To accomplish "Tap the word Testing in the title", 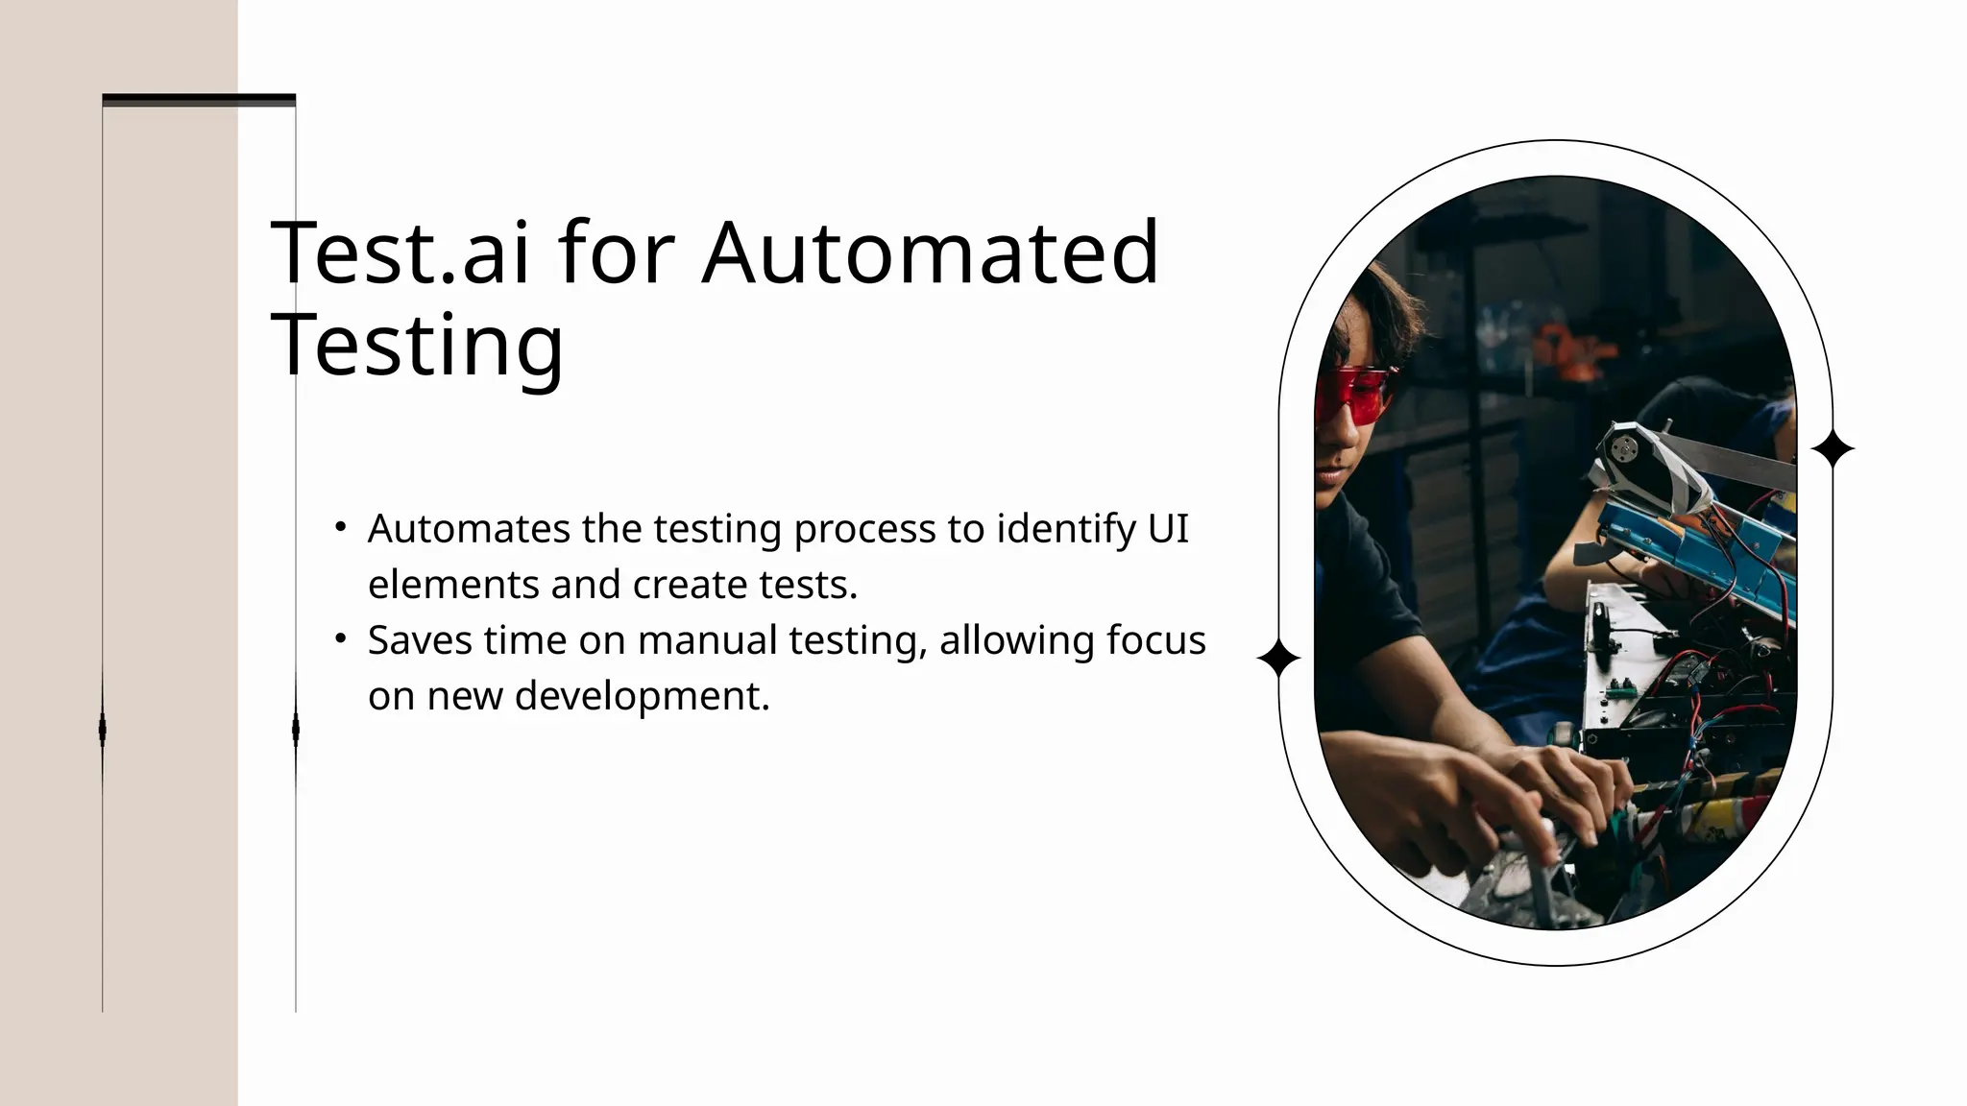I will click(417, 345).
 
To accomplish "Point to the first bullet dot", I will click(340, 526).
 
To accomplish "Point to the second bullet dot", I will click(340, 637).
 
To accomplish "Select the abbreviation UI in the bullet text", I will click(1168, 529).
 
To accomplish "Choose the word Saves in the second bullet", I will click(419, 640).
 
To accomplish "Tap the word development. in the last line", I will click(643, 696).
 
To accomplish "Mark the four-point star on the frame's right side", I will click(1833, 448).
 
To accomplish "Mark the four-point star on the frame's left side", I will click(1278, 660).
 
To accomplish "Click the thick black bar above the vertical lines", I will click(199, 100).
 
